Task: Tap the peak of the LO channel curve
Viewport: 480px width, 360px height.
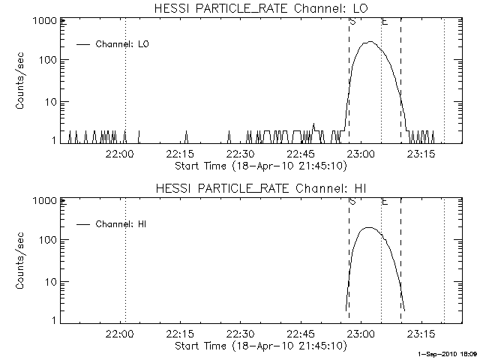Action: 368,42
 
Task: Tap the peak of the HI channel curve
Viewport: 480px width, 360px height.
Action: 368,227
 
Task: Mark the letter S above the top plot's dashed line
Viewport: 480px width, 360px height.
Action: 352,21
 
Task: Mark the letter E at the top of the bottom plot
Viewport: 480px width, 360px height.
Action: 385,201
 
